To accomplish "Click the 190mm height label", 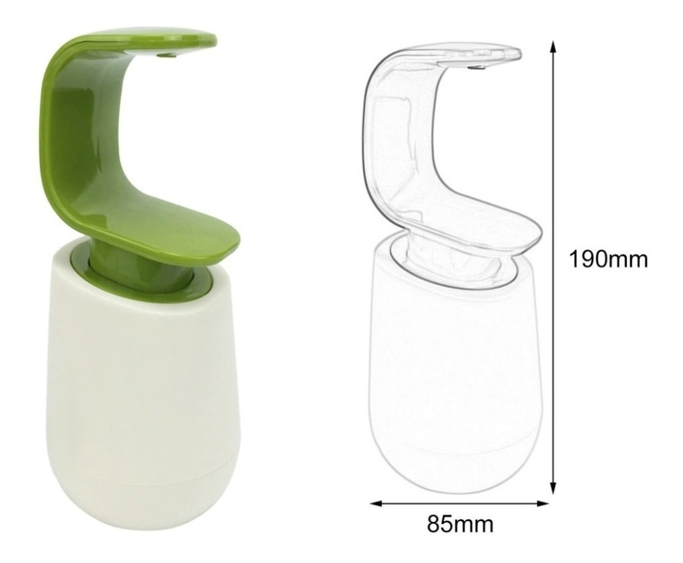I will (x=607, y=260).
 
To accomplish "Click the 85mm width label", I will (x=460, y=525).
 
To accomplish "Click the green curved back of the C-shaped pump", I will (x=66, y=131).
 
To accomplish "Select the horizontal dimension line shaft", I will (x=460, y=503).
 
